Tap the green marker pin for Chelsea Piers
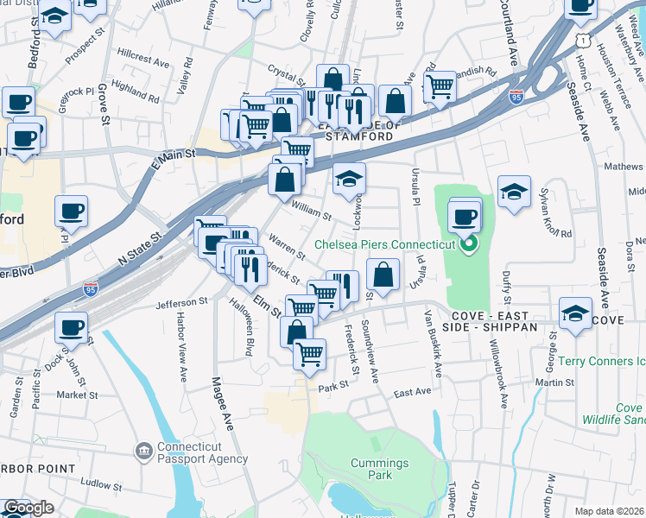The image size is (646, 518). coord(467,244)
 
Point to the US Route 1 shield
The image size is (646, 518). coord(586,41)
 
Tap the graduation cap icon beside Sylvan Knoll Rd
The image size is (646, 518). coord(514,192)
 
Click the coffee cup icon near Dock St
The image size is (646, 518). coord(73,327)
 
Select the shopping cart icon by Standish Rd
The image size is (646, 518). coord(440,86)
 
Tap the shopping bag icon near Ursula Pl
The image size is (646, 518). coord(383,275)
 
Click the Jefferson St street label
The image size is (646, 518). coord(182,303)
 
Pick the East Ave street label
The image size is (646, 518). coord(412,392)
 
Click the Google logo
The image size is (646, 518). coord(28,508)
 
